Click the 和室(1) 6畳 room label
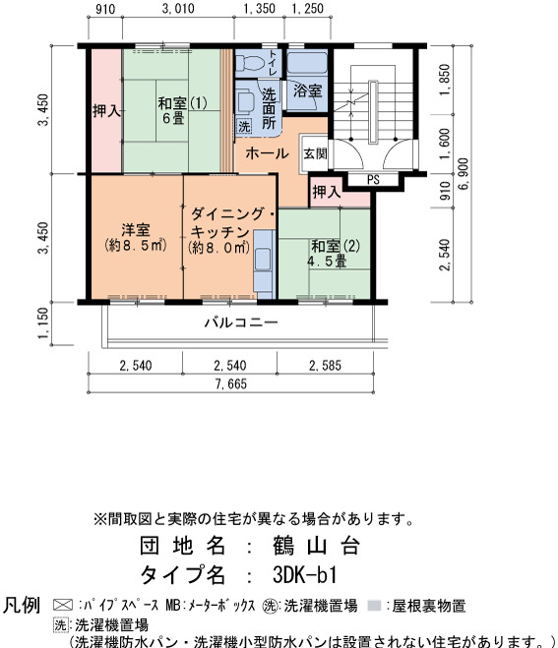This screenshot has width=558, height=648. [182, 110]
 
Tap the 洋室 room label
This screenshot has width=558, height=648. [136, 237]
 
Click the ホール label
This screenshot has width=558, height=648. [267, 153]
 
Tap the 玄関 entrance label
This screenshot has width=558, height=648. [315, 153]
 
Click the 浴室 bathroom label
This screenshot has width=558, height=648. [307, 90]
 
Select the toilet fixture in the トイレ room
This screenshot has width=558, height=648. [249, 63]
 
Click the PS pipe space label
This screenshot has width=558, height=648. [373, 180]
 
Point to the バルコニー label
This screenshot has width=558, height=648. [241, 323]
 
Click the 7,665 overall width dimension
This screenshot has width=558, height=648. [231, 383]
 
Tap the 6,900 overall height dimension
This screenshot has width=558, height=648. [465, 174]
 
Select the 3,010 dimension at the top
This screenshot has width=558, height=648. [178, 8]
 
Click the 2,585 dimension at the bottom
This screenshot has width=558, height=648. [325, 366]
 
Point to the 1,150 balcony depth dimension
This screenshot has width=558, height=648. [43, 324]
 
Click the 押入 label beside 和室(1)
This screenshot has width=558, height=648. [106, 111]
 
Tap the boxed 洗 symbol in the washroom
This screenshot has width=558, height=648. [244, 126]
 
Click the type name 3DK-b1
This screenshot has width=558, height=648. [305, 574]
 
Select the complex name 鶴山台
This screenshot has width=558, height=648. [316, 546]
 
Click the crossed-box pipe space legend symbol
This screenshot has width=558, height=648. [63, 605]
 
